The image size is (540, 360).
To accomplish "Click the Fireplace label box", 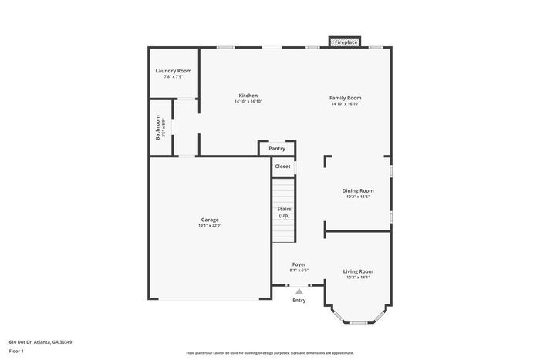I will click(346, 42).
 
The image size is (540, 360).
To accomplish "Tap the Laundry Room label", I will click(174, 71).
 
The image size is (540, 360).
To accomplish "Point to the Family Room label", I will click(346, 98).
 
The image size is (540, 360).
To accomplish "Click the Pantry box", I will click(277, 148).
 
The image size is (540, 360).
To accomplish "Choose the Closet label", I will click(282, 166).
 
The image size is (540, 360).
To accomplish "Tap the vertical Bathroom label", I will click(158, 128).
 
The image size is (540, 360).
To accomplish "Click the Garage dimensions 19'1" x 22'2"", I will click(209, 225).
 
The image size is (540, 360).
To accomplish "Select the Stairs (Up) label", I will click(284, 212).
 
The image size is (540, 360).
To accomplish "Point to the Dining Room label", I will click(358, 190).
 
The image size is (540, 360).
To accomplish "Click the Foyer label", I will click(299, 264).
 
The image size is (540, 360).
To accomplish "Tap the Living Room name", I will click(358, 271).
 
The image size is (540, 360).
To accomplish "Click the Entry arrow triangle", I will click(299, 291).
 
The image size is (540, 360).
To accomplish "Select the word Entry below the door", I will click(299, 300).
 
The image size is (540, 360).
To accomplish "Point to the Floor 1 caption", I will click(16, 351).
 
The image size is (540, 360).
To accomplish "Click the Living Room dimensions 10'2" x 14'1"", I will click(358, 278).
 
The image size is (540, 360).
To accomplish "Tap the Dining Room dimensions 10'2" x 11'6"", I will click(358, 197).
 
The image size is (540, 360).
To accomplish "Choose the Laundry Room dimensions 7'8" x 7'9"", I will click(174, 76).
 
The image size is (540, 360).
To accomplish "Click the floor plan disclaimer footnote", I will click(270, 352).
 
